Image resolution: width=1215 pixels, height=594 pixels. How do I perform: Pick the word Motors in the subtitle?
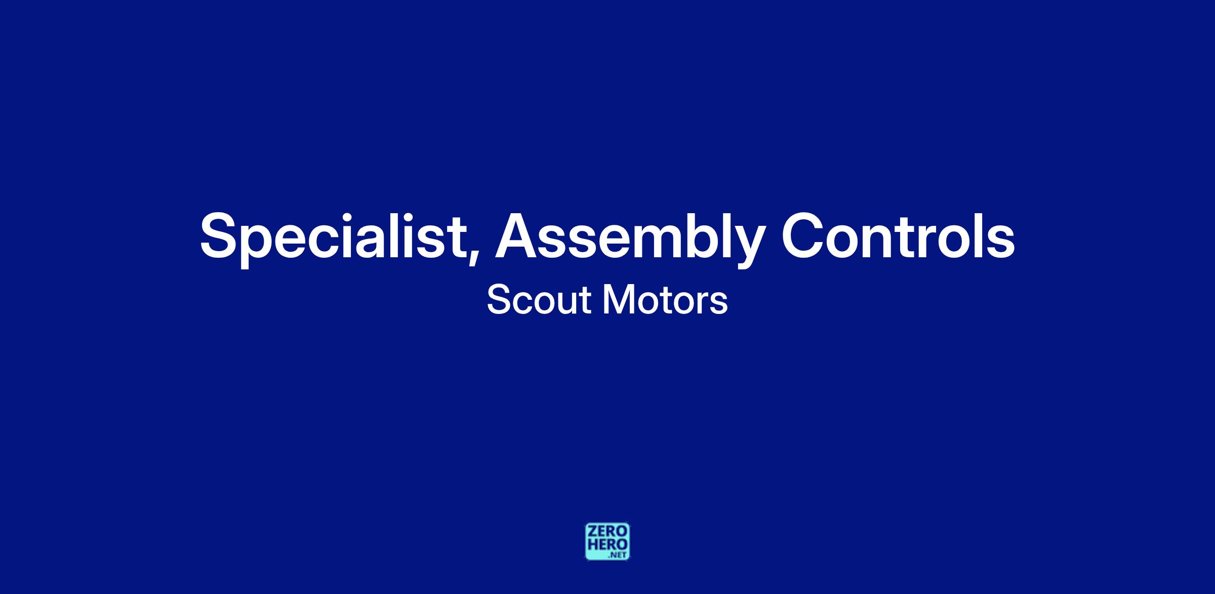tap(665, 300)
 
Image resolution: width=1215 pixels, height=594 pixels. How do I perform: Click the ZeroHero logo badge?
tap(607, 541)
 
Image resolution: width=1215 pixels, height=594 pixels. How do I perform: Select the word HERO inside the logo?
tap(607, 544)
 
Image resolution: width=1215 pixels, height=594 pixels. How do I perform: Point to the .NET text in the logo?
tap(618, 555)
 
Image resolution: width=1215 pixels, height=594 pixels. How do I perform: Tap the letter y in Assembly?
tap(747, 247)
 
